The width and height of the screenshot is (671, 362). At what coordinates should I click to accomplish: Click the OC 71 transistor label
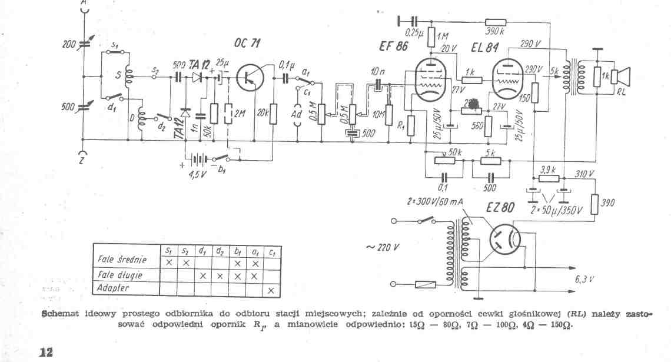coord(248,44)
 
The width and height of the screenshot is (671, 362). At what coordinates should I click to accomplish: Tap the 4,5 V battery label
coord(197,174)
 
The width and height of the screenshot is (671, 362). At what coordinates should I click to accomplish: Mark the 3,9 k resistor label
coord(549,170)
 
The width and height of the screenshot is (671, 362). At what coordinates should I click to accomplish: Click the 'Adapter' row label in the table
coord(114,288)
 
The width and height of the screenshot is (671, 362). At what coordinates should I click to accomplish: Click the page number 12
coord(46,352)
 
